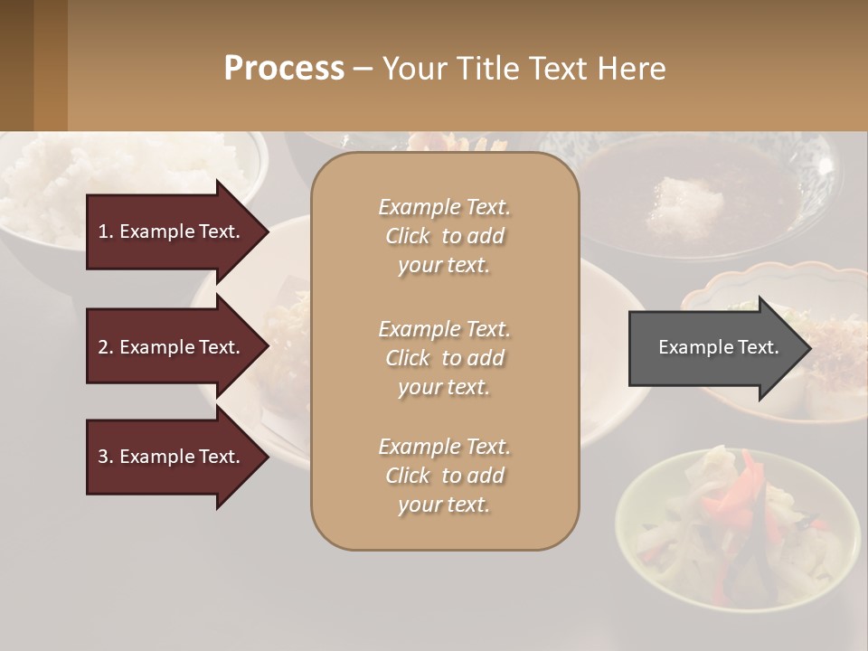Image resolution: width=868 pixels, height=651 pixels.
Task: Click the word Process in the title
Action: pos(284,69)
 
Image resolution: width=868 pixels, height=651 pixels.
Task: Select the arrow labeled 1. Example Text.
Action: pos(172,231)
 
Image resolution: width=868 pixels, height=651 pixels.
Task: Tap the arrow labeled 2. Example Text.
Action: pos(172,347)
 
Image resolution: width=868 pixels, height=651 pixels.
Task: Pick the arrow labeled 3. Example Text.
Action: pos(172,457)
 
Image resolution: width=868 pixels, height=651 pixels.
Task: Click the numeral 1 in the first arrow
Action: pos(103,231)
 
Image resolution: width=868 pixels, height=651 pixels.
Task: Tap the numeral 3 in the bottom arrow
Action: pos(103,457)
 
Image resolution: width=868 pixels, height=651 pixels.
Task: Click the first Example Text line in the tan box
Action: pos(444,207)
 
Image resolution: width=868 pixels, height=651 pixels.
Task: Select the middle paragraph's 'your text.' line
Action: pos(444,387)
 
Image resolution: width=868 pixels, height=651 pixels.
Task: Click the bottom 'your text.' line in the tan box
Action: pos(444,505)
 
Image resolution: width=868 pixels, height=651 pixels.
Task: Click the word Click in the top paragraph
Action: pos(408,236)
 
